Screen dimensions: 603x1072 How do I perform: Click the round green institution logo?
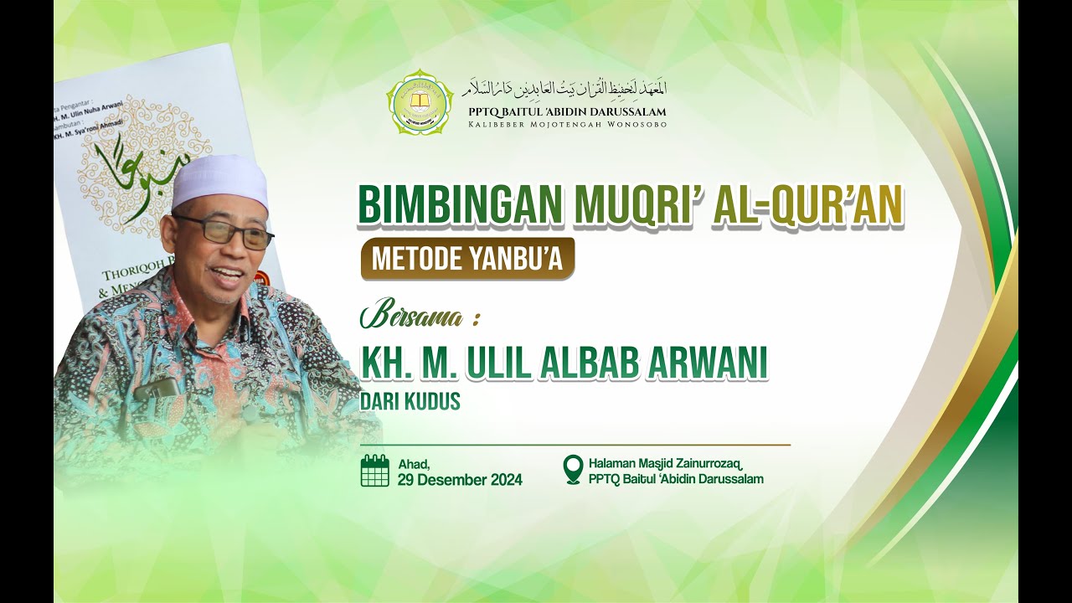[420, 102]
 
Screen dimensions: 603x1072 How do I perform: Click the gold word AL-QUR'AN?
[807, 207]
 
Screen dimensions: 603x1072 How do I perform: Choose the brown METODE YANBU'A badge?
[467, 259]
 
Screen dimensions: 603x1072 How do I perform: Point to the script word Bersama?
[413, 317]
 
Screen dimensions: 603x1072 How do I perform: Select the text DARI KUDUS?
[410, 402]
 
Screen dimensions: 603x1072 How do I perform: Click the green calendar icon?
[375, 471]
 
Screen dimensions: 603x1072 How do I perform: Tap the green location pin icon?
[573, 470]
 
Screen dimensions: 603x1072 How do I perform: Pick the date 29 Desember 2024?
[460, 480]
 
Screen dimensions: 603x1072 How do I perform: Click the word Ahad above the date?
[414, 464]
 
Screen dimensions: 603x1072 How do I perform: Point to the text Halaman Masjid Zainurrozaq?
[667, 463]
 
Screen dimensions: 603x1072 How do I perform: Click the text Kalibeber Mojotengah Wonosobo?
[566, 125]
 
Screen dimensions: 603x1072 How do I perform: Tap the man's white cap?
[220, 183]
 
